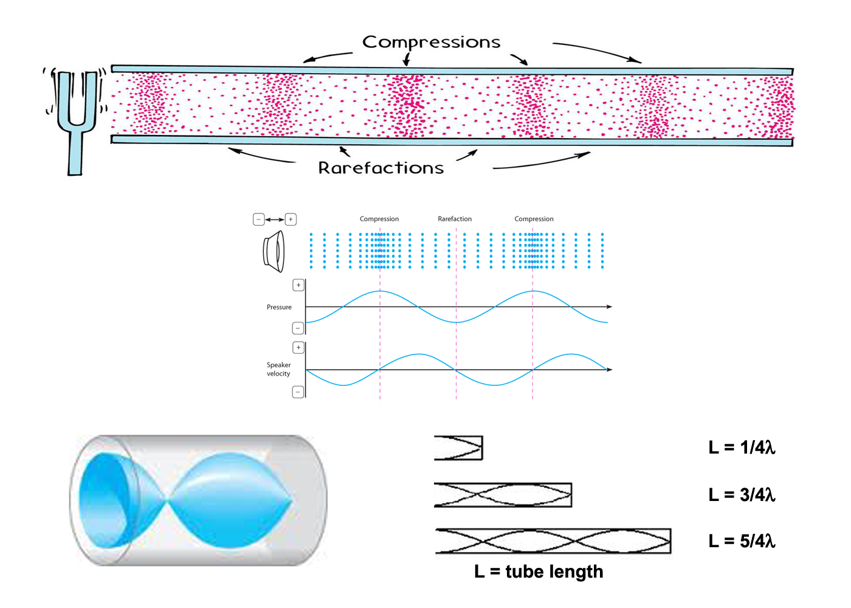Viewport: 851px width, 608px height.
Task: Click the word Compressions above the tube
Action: click(431, 42)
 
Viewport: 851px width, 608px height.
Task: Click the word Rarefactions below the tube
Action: click(381, 168)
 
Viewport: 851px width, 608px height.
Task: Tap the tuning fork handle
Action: click(75, 152)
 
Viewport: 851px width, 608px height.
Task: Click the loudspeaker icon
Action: click(274, 251)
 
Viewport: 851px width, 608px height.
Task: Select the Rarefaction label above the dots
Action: click(455, 219)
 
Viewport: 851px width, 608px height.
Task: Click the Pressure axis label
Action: click(279, 307)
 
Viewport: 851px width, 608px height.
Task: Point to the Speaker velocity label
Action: click(278, 369)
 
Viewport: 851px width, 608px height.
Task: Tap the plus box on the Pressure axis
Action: click(298, 285)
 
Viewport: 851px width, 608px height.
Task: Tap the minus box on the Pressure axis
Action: click(298, 328)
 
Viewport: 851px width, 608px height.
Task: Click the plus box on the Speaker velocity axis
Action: click(298, 348)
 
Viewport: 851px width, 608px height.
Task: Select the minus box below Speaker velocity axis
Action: click(298, 392)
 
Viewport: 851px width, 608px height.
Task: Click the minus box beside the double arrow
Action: click(259, 219)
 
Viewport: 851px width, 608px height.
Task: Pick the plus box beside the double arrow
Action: click(291, 219)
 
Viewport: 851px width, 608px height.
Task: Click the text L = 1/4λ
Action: click(742, 447)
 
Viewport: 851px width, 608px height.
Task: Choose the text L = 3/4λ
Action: click(742, 495)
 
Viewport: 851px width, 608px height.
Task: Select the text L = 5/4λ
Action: click(742, 541)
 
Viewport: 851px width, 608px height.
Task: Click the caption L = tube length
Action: click(539, 572)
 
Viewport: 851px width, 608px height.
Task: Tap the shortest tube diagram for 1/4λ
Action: click(458, 448)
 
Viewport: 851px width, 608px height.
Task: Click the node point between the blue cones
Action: click(167, 501)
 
